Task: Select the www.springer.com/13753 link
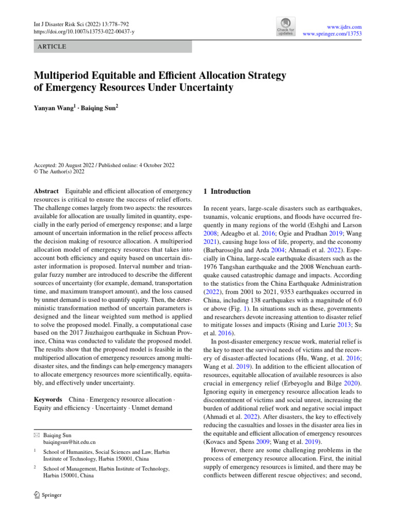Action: pyautogui.click(x=332, y=34)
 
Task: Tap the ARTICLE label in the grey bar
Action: pyautogui.click(x=52, y=46)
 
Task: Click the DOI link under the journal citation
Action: pyautogui.click(x=84, y=31)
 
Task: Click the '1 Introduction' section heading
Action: pyautogui.click(x=227, y=191)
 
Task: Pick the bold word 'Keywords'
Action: pyautogui.click(x=48, y=400)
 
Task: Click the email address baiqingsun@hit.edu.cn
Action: pyautogui.click(x=70, y=442)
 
